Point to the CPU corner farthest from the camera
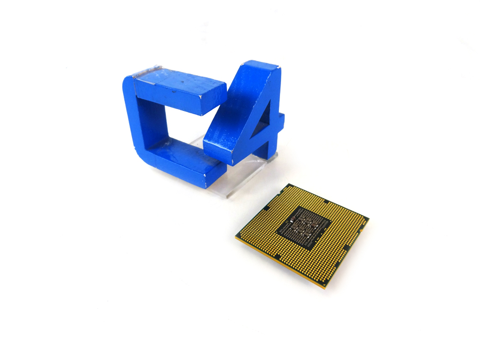pyautogui.click(x=289, y=185)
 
